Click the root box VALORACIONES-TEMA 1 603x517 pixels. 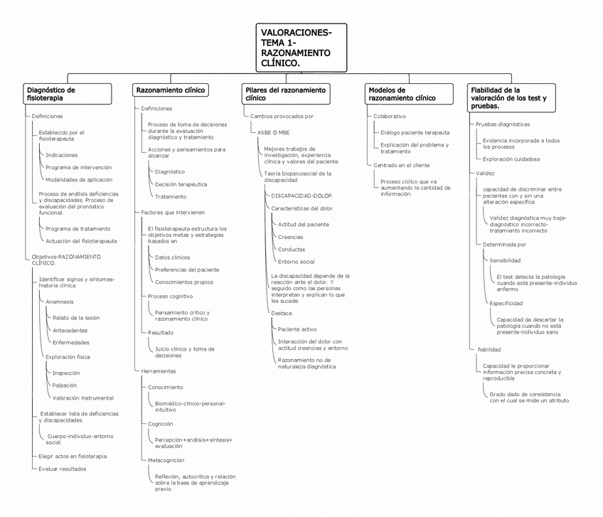[x=301, y=48]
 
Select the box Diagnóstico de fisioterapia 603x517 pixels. [x=67, y=94]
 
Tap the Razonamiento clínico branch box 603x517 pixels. [x=171, y=90]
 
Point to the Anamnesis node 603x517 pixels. [x=59, y=302]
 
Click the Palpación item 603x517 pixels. [x=65, y=385]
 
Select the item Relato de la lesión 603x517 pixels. [x=76, y=317]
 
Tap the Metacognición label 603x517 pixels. [x=166, y=460]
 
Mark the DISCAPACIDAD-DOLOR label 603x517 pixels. [x=301, y=195]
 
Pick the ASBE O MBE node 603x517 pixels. [x=273, y=132]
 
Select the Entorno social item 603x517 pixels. [x=296, y=262]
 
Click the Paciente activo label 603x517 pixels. [x=297, y=329]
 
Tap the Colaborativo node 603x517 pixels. [x=390, y=116]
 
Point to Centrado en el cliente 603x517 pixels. [x=401, y=165]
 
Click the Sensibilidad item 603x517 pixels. [x=504, y=260]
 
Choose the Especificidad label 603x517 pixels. [x=506, y=304]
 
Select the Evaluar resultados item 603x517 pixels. [x=63, y=469]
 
